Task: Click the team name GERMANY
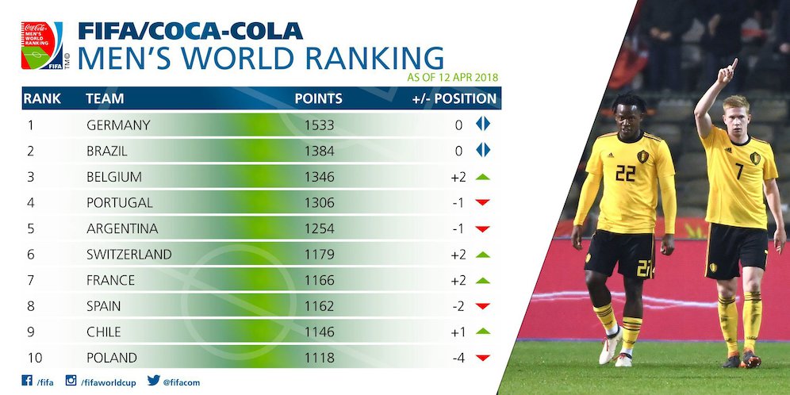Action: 118,125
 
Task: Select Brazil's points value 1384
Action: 319,151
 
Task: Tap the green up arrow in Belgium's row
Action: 482,176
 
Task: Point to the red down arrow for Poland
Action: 482,358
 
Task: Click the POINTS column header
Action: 319,99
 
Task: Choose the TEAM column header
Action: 105,99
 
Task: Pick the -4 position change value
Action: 458,358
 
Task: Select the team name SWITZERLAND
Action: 128,254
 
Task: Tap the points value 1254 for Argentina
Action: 319,228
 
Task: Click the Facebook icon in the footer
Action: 27,381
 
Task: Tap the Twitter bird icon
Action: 153,381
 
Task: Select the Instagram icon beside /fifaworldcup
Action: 71,381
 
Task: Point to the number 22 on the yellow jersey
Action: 626,173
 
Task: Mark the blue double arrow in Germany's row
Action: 483,125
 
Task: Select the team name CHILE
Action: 104,332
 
